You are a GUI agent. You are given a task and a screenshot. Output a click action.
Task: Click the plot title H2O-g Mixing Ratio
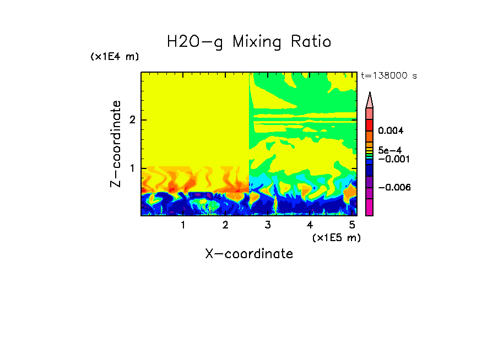tap(249, 42)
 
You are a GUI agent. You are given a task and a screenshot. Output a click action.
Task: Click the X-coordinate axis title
tap(249, 254)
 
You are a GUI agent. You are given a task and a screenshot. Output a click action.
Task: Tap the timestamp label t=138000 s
tap(388, 75)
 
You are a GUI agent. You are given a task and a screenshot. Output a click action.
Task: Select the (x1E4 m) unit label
tap(115, 57)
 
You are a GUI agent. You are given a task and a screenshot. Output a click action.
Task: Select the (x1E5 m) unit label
tap(336, 237)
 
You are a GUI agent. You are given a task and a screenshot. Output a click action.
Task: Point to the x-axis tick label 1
tap(183, 225)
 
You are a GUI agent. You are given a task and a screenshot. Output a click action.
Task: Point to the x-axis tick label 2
tap(225, 225)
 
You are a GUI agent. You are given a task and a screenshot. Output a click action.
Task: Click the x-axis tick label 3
tap(268, 225)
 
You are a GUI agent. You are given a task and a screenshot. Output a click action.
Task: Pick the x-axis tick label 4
tap(310, 225)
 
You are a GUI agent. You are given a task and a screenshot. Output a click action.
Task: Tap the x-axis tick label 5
tap(352, 225)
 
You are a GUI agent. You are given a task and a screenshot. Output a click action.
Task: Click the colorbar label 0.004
tap(391, 130)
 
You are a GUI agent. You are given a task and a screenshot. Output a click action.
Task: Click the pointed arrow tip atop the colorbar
tap(370, 99)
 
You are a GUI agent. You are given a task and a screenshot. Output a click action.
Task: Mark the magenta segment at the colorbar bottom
tap(370, 207)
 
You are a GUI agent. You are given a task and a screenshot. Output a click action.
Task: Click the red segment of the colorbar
tap(370, 124)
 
